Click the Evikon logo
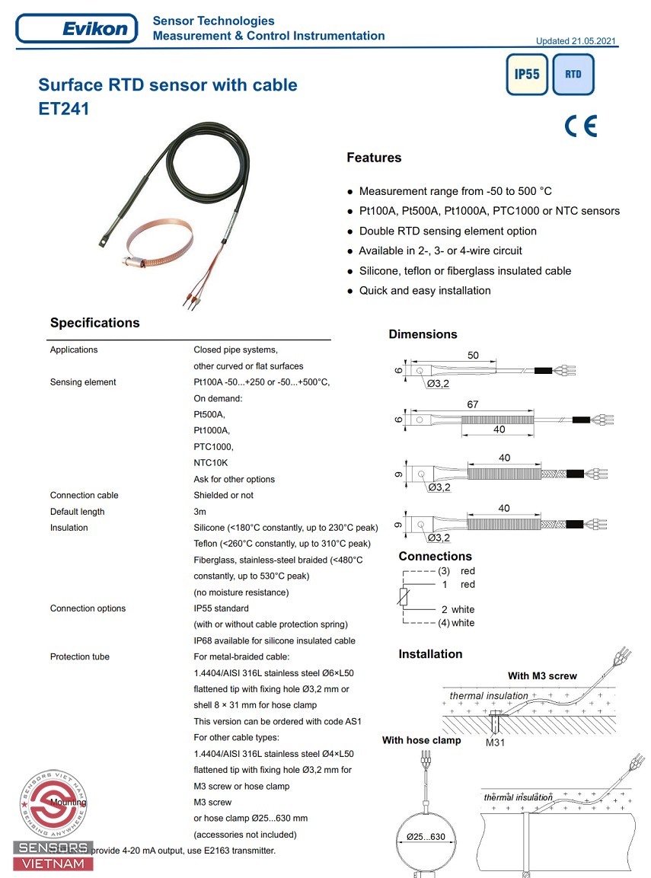click(x=77, y=29)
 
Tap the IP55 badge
click(x=527, y=75)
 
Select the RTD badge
click(x=573, y=75)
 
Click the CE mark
click(x=581, y=126)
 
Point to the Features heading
click(x=374, y=158)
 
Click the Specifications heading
click(x=95, y=323)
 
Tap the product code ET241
click(x=64, y=109)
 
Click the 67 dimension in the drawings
click(x=472, y=404)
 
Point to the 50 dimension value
click(x=474, y=356)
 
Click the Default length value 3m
click(x=200, y=512)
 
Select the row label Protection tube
click(x=80, y=656)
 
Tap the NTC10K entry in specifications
click(x=211, y=463)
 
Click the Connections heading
click(x=435, y=556)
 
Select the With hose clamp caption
click(x=421, y=740)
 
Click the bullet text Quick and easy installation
click(x=425, y=290)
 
